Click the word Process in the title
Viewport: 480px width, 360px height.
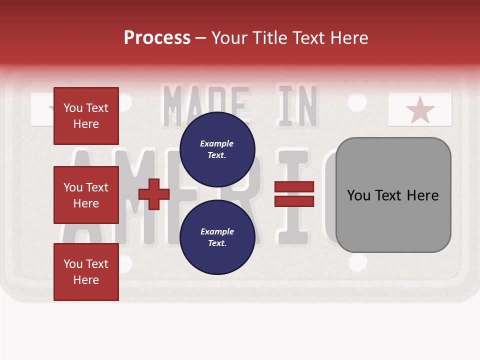pyautogui.click(x=157, y=38)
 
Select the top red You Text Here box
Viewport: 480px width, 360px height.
pyautogui.click(x=86, y=116)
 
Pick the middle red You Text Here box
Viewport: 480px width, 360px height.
pyautogui.click(x=86, y=195)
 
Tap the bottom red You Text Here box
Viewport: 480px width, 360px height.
pyautogui.click(x=86, y=272)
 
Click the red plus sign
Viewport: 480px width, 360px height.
pyautogui.click(x=154, y=194)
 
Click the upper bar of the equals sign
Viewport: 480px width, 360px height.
pyautogui.click(x=294, y=186)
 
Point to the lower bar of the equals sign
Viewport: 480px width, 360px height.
pyautogui.click(x=294, y=201)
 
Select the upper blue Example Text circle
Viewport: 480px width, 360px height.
pyautogui.click(x=217, y=149)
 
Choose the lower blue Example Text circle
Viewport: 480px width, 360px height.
pyautogui.click(x=217, y=237)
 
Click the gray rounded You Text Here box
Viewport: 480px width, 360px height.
pyautogui.click(x=393, y=195)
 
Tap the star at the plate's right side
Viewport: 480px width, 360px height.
pyautogui.click(x=420, y=110)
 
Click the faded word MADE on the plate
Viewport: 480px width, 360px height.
pyautogui.click(x=206, y=106)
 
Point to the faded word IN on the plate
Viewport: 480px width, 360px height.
pyautogui.click(x=298, y=106)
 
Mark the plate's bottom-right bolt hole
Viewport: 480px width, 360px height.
pyautogui.click(x=357, y=262)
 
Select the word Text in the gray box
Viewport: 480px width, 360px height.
pyautogui.click(x=395, y=195)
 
